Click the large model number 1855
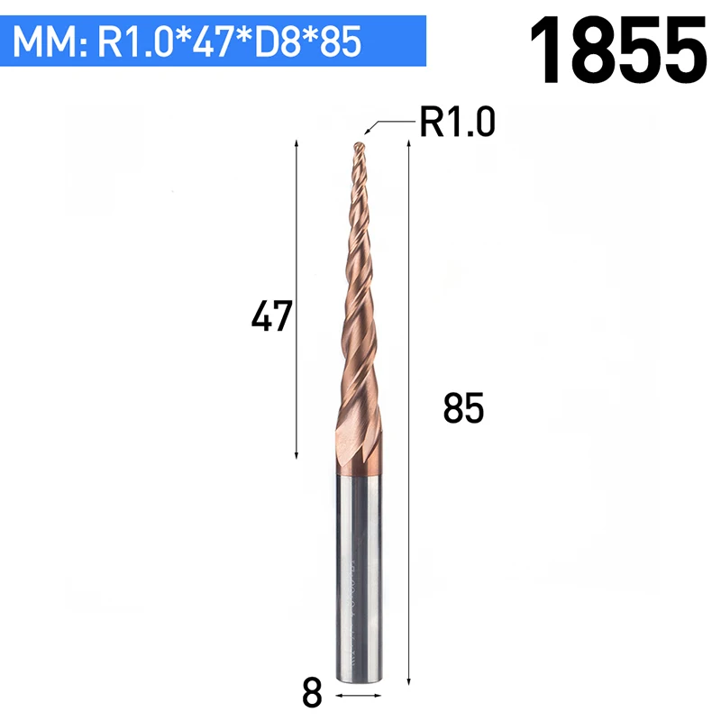[x=618, y=50]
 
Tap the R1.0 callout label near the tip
[x=458, y=122]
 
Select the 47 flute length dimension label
[x=272, y=315]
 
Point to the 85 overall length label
[x=463, y=408]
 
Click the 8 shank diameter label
[x=312, y=693]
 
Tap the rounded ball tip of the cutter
[x=359, y=147]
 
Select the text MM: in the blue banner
[x=50, y=42]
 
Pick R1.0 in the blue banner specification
[x=134, y=41]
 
